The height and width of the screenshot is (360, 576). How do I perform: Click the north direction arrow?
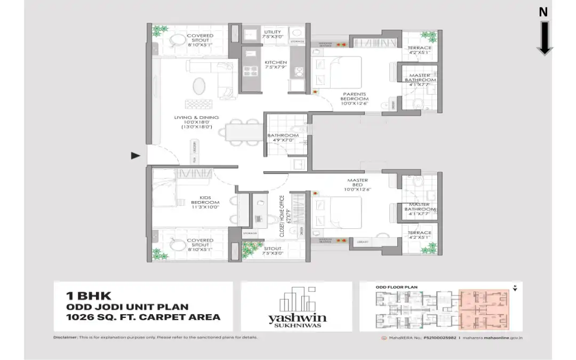tap(544, 37)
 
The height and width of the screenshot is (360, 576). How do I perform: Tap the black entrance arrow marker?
tap(136, 156)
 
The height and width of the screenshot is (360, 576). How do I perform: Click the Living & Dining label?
tap(196, 122)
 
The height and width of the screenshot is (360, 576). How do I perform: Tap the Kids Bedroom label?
tap(205, 199)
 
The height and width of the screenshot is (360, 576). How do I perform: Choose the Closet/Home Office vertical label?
tap(283, 216)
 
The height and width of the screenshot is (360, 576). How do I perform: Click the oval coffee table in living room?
tap(198, 86)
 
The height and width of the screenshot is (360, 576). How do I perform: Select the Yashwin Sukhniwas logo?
tap(297, 308)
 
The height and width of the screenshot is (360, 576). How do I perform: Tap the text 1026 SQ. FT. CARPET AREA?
tap(143, 317)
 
